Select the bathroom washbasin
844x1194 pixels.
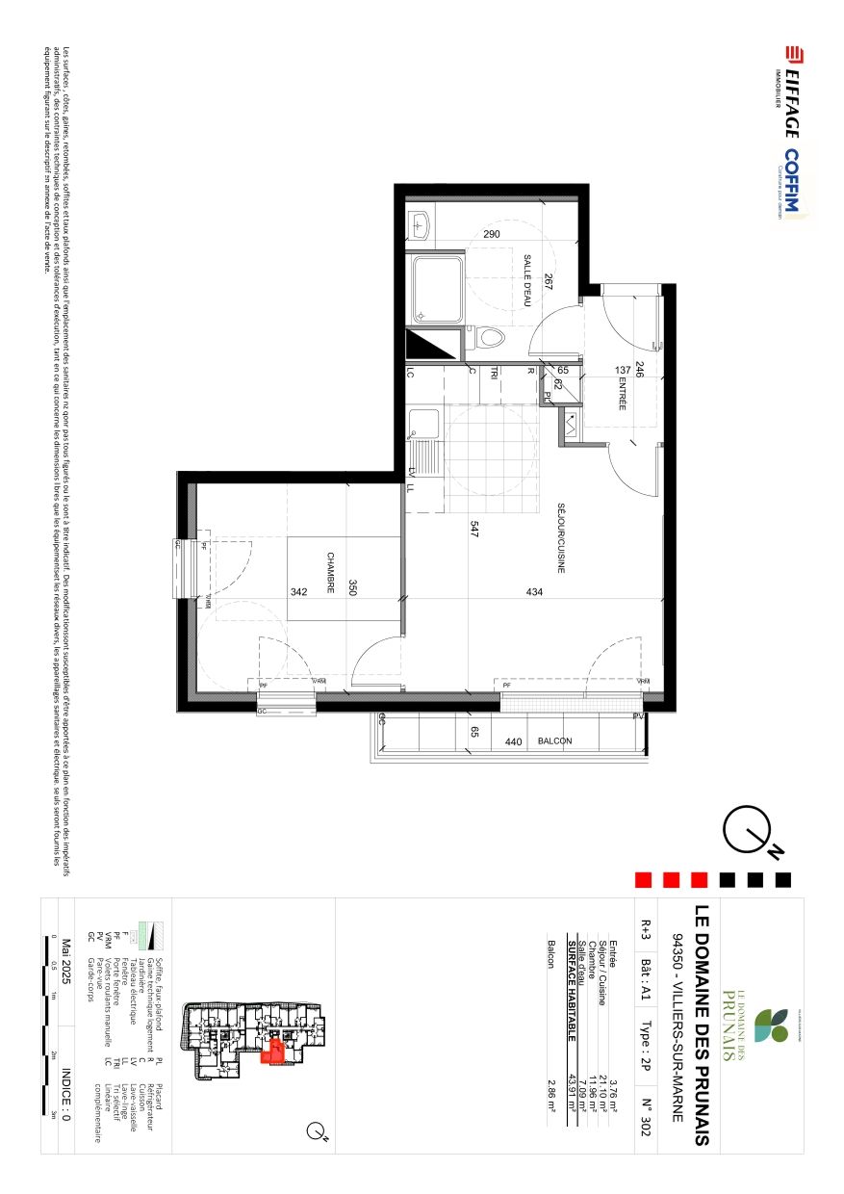(420, 226)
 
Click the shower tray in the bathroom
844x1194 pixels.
(438, 289)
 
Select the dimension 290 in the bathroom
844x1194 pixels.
(492, 234)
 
